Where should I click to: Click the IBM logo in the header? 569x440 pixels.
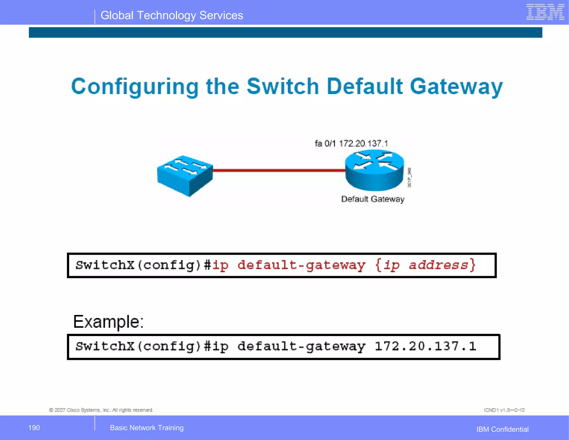[x=545, y=12]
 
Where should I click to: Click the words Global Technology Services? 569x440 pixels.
[x=172, y=16]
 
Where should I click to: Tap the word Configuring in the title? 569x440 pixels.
[x=135, y=87]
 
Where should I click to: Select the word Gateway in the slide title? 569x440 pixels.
[x=456, y=87]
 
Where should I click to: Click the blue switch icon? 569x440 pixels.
[x=185, y=176]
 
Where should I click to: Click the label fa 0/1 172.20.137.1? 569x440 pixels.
[x=351, y=144]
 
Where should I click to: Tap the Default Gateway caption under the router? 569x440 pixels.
[x=373, y=199]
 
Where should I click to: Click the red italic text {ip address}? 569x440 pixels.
[x=425, y=265]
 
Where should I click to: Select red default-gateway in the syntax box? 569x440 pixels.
[x=301, y=265]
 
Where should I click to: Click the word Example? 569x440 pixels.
[x=108, y=322]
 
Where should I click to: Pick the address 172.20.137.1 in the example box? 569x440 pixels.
[x=425, y=346]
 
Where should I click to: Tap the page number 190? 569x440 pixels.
[x=34, y=428]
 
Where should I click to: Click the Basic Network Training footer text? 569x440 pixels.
[x=147, y=428]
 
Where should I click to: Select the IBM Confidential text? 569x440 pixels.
[x=502, y=429]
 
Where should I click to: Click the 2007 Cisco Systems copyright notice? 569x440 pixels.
[x=101, y=410]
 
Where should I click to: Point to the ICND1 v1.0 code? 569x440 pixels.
[x=504, y=410]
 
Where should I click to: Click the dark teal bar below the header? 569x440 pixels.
[x=285, y=32]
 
